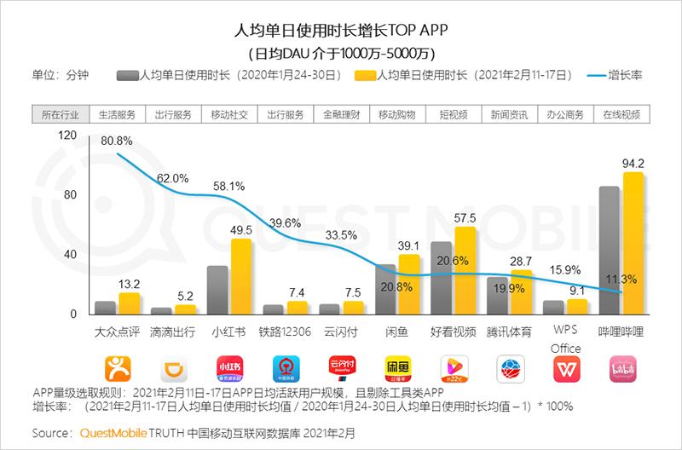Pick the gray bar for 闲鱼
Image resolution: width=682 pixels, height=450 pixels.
(x=386, y=289)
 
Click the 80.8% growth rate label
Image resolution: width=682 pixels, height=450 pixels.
(x=115, y=140)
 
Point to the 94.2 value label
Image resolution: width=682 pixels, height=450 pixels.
(x=632, y=163)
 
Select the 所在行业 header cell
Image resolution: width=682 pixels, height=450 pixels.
(x=59, y=114)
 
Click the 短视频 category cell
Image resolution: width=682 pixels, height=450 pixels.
(x=452, y=114)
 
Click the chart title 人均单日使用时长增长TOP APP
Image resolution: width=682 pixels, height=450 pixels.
(x=341, y=32)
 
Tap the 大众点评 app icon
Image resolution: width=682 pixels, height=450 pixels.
(x=118, y=368)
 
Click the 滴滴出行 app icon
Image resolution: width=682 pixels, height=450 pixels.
(x=174, y=368)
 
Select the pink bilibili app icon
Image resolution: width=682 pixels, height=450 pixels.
(x=621, y=368)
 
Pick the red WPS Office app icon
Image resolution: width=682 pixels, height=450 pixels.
(x=565, y=368)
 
